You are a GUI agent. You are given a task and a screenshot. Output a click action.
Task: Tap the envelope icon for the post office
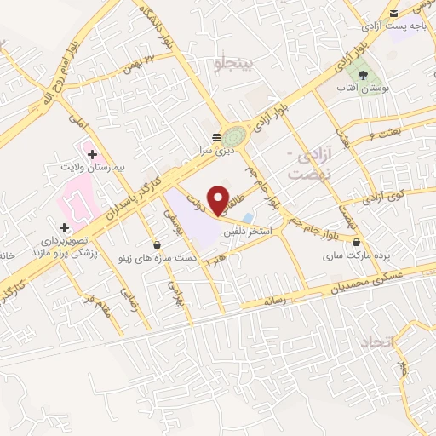(x=393, y=14)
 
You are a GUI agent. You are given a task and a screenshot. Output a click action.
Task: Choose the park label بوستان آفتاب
(x=372, y=89)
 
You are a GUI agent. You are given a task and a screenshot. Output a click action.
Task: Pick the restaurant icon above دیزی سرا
(x=216, y=135)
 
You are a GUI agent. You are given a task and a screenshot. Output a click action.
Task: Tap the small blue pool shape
(x=247, y=217)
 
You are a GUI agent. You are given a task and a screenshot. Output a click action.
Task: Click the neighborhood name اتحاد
(x=375, y=343)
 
